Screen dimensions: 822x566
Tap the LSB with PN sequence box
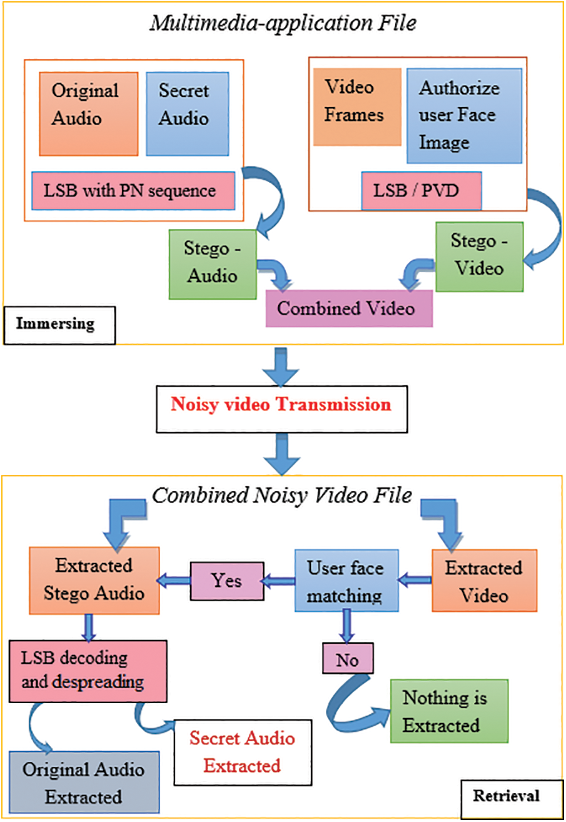point(133,190)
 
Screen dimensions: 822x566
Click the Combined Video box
point(350,308)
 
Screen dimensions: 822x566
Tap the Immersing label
point(56,324)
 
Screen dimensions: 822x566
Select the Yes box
point(227,581)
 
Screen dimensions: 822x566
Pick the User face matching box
point(345,581)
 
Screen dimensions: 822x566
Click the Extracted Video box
point(484,581)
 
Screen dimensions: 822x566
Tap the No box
point(348,659)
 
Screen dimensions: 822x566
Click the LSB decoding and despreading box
point(88,670)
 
